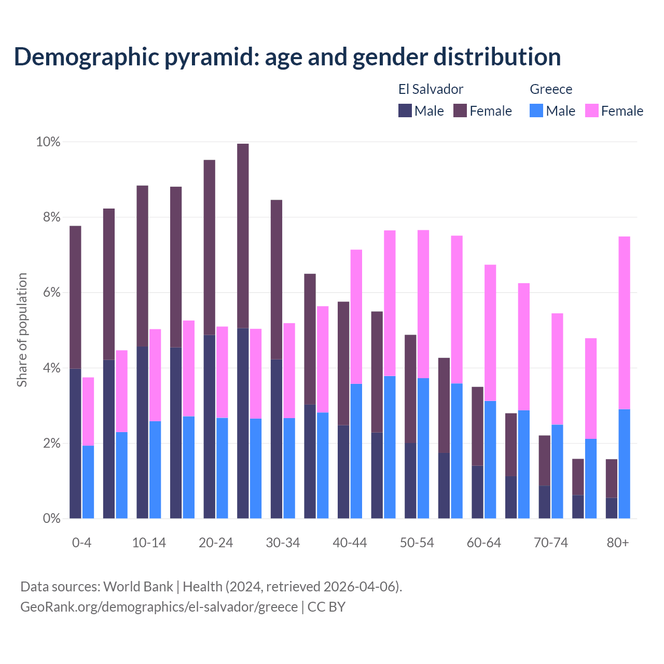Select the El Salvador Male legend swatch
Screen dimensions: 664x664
pyautogui.click(x=405, y=110)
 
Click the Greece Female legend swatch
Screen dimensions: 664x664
pyautogui.click(x=592, y=110)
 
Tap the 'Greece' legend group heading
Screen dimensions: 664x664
pyautogui.click(x=551, y=89)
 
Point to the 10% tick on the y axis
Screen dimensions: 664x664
pyautogui.click(x=48, y=142)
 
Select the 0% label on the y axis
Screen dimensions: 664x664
pyautogui.click(x=51, y=518)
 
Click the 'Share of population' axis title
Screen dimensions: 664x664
pyautogui.click(x=22, y=330)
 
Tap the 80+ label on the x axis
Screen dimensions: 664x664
pyautogui.click(x=618, y=543)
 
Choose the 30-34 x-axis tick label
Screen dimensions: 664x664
pyautogui.click(x=283, y=543)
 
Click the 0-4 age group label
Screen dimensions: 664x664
pyautogui.click(x=81, y=543)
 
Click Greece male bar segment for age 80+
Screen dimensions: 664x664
pyautogui.click(x=625, y=464)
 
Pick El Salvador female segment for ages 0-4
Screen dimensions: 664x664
pyautogui.click(x=75, y=297)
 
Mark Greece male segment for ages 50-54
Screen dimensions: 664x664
pyautogui.click(x=423, y=448)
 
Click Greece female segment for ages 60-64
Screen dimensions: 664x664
pyautogui.click(x=490, y=333)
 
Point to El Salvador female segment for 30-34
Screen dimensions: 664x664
pyautogui.click(x=276, y=279)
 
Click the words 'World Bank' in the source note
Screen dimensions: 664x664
pyautogui.click(x=138, y=587)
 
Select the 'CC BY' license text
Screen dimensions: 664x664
pyautogui.click(x=326, y=607)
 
